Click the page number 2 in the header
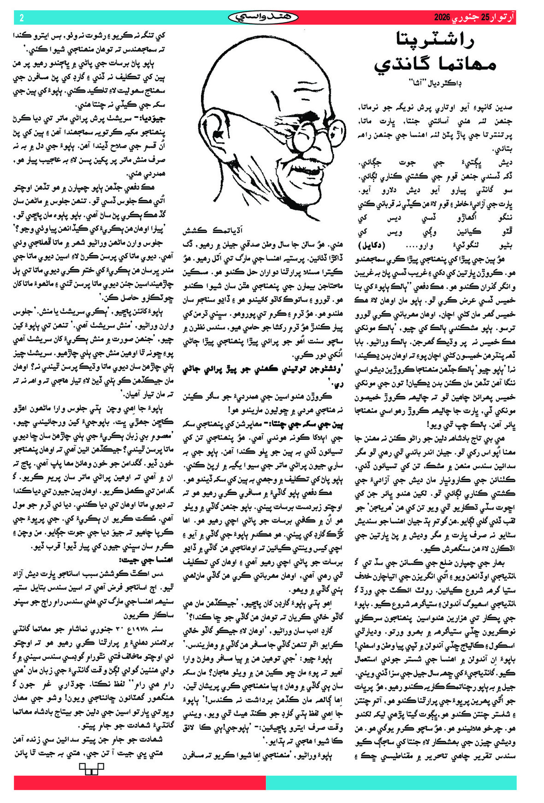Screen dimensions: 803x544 22,18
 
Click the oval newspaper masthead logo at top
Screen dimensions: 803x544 263,17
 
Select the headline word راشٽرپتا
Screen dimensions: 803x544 436,41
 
